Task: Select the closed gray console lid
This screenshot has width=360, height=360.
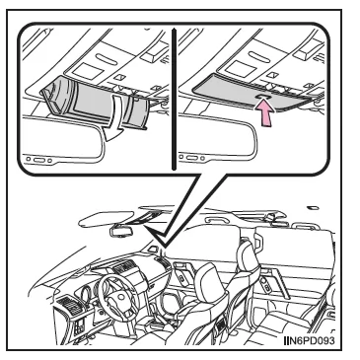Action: click(x=251, y=93)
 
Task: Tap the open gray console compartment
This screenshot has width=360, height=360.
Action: click(x=96, y=102)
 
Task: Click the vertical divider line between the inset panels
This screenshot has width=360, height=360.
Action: click(x=174, y=100)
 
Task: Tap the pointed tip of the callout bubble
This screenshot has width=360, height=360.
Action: click(x=165, y=247)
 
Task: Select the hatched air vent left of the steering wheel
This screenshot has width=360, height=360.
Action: click(x=72, y=306)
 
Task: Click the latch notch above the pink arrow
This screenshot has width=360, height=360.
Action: click(x=264, y=97)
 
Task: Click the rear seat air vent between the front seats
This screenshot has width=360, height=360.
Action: click(x=221, y=328)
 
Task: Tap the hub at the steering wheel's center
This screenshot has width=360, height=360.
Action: click(x=119, y=299)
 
